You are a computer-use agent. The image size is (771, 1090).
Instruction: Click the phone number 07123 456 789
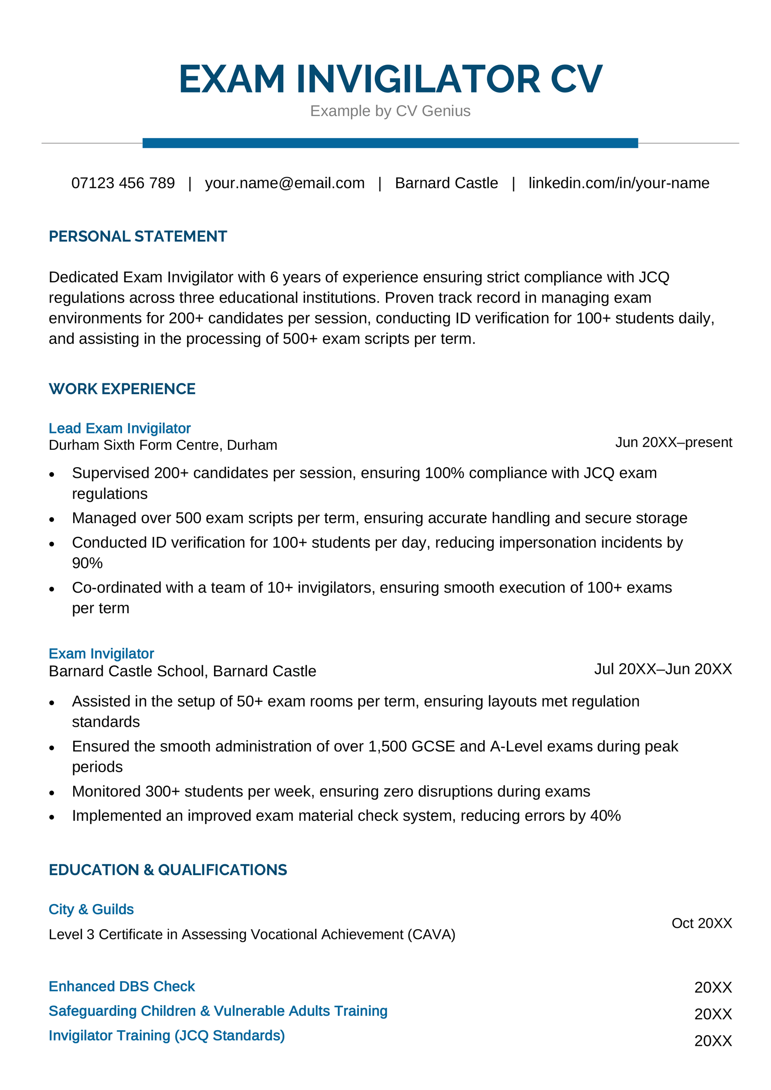tap(123, 183)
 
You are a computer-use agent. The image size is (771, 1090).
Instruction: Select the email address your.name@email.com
tap(284, 183)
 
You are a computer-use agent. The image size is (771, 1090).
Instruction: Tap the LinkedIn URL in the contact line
tap(618, 183)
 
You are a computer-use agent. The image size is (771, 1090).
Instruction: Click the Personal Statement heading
tap(138, 236)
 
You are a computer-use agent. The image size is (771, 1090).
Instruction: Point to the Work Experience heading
tap(122, 389)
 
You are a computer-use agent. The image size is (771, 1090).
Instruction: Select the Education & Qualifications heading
tap(168, 870)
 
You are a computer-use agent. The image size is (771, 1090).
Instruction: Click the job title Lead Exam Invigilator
tap(120, 428)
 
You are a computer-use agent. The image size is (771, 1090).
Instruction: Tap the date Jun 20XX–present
tap(673, 442)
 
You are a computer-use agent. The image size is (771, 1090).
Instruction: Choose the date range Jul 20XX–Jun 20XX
tap(663, 669)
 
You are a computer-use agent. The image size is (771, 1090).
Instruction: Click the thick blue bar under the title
tap(390, 143)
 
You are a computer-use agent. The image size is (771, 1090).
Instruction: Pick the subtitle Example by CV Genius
tap(390, 111)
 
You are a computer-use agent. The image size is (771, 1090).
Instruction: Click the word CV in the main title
tap(576, 79)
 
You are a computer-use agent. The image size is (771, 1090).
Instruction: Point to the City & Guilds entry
tap(91, 909)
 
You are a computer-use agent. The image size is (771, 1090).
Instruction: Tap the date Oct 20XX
tap(702, 923)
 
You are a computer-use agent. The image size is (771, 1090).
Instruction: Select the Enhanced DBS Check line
tap(122, 986)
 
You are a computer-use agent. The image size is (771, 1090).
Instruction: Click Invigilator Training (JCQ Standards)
tap(167, 1036)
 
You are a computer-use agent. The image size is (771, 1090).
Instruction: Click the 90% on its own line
tap(87, 563)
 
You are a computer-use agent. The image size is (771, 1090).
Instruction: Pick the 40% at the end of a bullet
tap(605, 816)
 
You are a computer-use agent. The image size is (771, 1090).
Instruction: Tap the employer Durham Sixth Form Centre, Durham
tap(163, 445)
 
